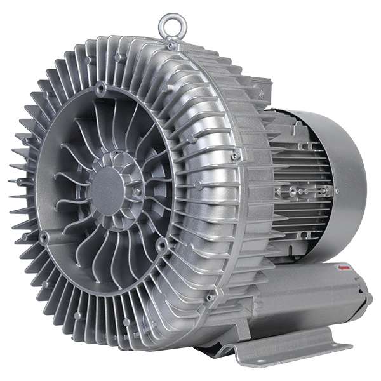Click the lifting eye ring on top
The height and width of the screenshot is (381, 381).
coord(169,25)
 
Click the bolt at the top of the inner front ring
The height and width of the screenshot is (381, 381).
coord(100,87)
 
